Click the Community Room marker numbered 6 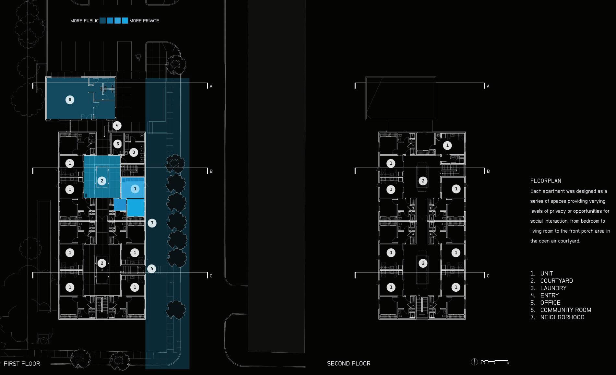point(70,100)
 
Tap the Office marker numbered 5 point(118,144)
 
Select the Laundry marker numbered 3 point(134,152)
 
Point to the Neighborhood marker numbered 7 point(152,223)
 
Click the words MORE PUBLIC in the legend point(84,21)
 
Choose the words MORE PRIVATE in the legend point(144,21)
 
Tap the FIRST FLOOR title point(22,364)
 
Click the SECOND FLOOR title point(349,364)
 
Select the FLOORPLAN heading point(546,181)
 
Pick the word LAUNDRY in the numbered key point(553,288)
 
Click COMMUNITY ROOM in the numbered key point(565,310)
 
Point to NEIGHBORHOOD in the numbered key point(562,317)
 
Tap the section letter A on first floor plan point(211,86)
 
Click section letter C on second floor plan point(488,276)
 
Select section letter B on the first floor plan point(211,171)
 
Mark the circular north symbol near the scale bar point(474,362)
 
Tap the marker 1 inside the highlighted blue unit point(135,189)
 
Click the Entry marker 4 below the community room point(117,125)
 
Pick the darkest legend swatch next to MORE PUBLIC point(103,21)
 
